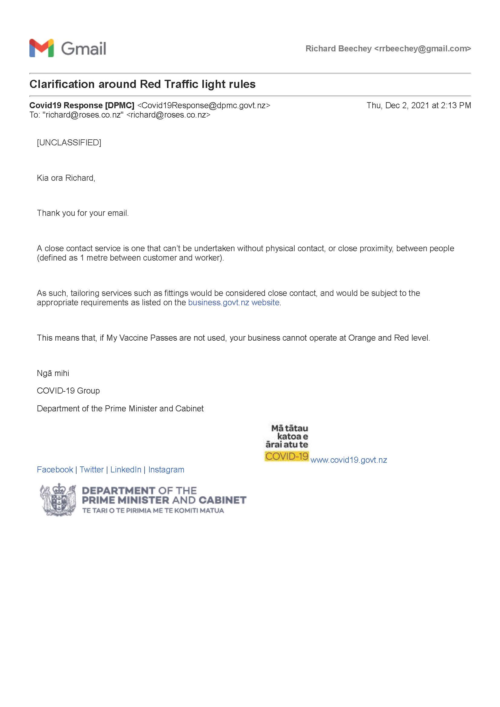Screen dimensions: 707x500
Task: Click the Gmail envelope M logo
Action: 41,48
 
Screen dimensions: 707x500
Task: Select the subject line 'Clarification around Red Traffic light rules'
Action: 142,84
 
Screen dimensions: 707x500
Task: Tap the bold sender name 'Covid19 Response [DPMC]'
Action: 82,105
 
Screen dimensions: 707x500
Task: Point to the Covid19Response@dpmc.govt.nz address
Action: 204,105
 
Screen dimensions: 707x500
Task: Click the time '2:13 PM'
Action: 456,105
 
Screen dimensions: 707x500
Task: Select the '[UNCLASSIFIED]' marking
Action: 69,143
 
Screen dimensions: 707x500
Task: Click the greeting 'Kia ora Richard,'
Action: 66,178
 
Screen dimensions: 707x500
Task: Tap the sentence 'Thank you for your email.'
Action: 83,213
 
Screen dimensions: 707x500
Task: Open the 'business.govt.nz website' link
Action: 234,302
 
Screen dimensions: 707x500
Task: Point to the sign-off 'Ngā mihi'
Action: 53,373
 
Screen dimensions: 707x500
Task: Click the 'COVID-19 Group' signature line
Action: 68,391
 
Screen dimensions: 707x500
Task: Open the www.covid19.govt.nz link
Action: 348,460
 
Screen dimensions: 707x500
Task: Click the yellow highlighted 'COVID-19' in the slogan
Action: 286,456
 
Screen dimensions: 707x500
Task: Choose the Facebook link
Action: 55,470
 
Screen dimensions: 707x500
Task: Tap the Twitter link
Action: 91,470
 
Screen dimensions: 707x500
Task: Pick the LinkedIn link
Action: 126,470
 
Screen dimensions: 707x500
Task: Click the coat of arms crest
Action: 58,499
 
